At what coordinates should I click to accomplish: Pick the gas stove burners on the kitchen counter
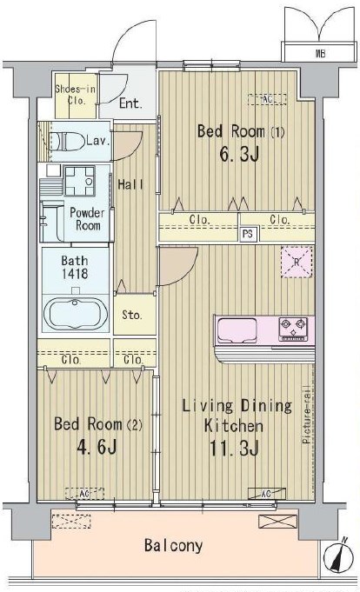pos(294,329)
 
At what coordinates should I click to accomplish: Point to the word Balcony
pos(173,546)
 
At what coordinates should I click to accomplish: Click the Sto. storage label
pos(132,315)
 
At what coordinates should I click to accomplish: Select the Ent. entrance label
pos(130,103)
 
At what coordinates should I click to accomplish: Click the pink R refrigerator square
pos(295,262)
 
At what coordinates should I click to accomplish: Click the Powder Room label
pos(85,219)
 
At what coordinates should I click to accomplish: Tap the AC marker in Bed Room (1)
pos(267,99)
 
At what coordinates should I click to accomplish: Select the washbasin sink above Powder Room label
pos(84,179)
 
